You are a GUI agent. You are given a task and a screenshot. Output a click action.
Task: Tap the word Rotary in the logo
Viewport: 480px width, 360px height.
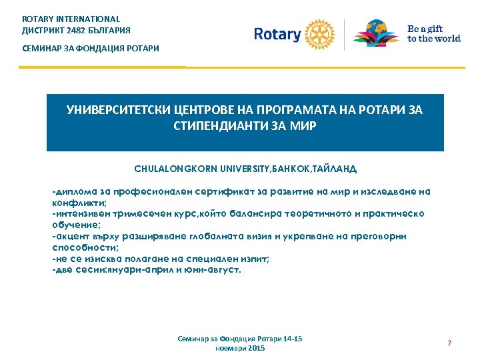click(x=277, y=34)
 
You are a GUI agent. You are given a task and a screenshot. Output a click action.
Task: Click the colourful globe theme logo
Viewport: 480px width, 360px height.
click(x=376, y=33)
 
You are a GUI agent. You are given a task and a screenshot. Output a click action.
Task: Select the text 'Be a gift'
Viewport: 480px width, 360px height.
click(x=424, y=29)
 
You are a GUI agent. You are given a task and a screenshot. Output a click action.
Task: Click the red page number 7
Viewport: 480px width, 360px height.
click(x=449, y=343)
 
